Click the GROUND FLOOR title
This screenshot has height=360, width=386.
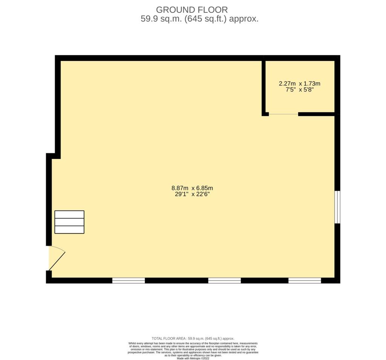(x=192, y=10)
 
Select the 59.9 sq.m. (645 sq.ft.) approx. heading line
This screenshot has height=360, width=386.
(x=199, y=19)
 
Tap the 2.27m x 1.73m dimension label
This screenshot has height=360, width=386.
(x=299, y=84)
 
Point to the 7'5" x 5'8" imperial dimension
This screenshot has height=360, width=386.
(x=299, y=90)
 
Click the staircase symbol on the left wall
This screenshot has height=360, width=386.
(x=69, y=222)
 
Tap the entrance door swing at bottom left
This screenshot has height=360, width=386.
(x=57, y=258)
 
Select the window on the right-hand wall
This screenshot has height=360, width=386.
(x=338, y=207)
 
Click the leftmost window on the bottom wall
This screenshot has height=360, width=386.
(x=129, y=280)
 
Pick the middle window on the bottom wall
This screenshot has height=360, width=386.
(x=225, y=280)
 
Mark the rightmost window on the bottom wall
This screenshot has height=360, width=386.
(x=305, y=280)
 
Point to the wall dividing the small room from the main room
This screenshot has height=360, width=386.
(x=264, y=87)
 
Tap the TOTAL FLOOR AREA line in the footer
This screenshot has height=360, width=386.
(x=193, y=339)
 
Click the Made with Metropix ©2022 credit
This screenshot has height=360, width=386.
(x=193, y=358)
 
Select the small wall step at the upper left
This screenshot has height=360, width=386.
(x=53, y=156)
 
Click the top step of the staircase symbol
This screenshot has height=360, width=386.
(x=69, y=214)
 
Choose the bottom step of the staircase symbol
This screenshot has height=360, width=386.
(x=69, y=229)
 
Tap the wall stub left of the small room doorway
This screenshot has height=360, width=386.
(x=265, y=114)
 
